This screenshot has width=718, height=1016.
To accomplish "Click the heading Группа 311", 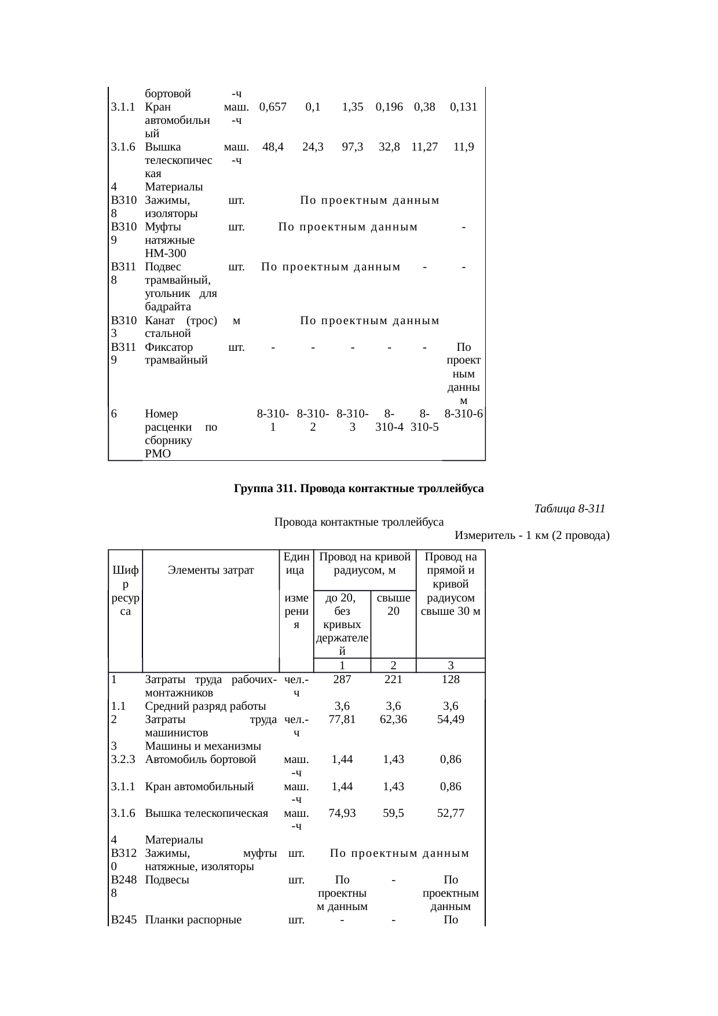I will pyautogui.click(x=358, y=489).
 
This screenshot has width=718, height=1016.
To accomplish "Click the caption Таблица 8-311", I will pyautogui.click(x=570, y=509).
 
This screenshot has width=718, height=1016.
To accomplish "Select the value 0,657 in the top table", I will pyautogui.click(x=273, y=107).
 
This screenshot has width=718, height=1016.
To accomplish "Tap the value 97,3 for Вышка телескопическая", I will pyautogui.click(x=352, y=147).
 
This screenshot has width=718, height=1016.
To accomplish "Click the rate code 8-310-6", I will pyautogui.click(x=464, y=414).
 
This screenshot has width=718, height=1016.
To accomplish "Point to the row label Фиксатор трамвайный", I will pyautogui.click(x=176, y=354).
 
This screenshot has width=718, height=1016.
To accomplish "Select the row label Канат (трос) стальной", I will pyautogui.click(x=181, y=327).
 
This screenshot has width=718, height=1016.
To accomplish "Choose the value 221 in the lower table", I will pyautogui.click(x=393, y=680).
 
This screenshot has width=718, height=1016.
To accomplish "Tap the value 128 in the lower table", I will pyautogui.click(x=450, y=680).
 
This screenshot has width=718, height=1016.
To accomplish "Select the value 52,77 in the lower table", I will pyautogui.click(x=450, y=813).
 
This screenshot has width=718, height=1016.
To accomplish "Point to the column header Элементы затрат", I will pyautogui.click(x=211, y=570).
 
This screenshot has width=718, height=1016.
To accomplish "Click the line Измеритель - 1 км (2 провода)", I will pyautogui.click(x=532, y=535).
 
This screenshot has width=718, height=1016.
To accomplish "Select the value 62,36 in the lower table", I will pyautogui.click(x=393, y=720).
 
